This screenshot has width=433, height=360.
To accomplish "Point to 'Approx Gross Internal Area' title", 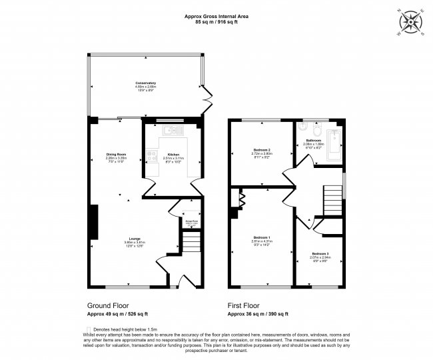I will pyautogui.click(x=217, y=17).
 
